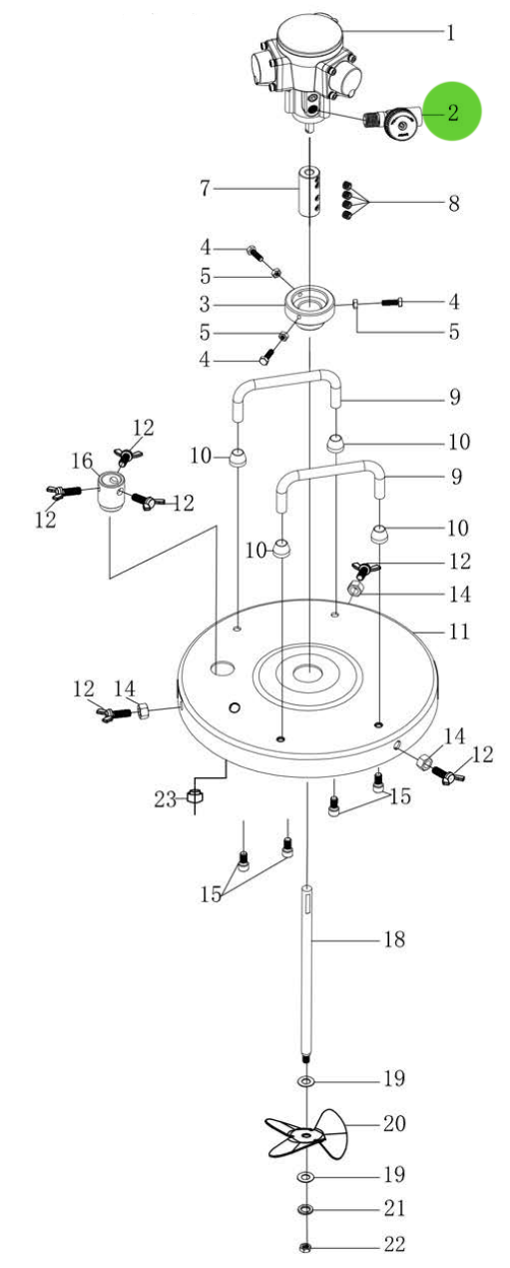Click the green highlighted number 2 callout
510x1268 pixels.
[452, 112]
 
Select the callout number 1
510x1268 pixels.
[450, 33]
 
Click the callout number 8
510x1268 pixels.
[452, 204]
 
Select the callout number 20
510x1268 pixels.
[393, 1123]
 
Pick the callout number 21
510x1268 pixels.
[393, 1209]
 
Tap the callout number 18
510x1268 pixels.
[393, 940]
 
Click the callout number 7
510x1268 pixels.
[206, 188]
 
